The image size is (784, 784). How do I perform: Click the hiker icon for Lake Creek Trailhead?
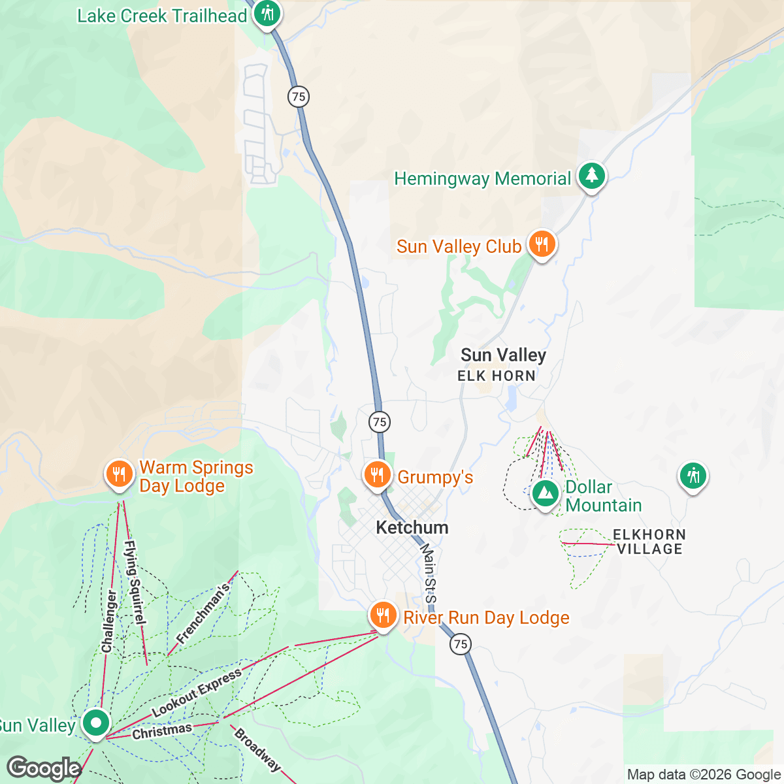click(x=267, y=14)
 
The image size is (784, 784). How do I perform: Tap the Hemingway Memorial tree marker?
click(x=592, y=176)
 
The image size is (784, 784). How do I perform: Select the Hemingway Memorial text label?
click(x=483, y=179)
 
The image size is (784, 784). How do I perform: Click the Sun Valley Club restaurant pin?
click(x=541, y=244)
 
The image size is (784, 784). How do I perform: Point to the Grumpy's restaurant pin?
click(x=377, y=475)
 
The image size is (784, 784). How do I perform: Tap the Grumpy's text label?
click(x=435, y=478)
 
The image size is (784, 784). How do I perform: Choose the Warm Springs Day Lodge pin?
click(x=118, y=474)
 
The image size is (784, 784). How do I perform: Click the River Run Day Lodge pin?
click(x=383, y=615)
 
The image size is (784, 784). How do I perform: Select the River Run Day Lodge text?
click(x=486, y=618)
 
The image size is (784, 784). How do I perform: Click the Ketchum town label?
click(x=412, y=528)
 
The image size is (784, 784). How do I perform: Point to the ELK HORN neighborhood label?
click(x=497, y=376)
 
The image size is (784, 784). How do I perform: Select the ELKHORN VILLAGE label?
click(x=649, y=542)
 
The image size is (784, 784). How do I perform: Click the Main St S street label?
click(x=428, y=574)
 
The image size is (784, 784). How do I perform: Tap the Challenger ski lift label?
click(x=109, y=621)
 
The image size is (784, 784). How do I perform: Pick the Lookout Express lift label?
click(x=197, y=693)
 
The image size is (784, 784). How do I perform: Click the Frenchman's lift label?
click(x=203, y=613)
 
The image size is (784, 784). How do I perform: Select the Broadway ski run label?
click(x=257, y=749)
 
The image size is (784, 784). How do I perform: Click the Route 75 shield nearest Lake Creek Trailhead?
click(x=299, y=97)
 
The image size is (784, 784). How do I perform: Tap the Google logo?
click(x=44, y=768)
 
